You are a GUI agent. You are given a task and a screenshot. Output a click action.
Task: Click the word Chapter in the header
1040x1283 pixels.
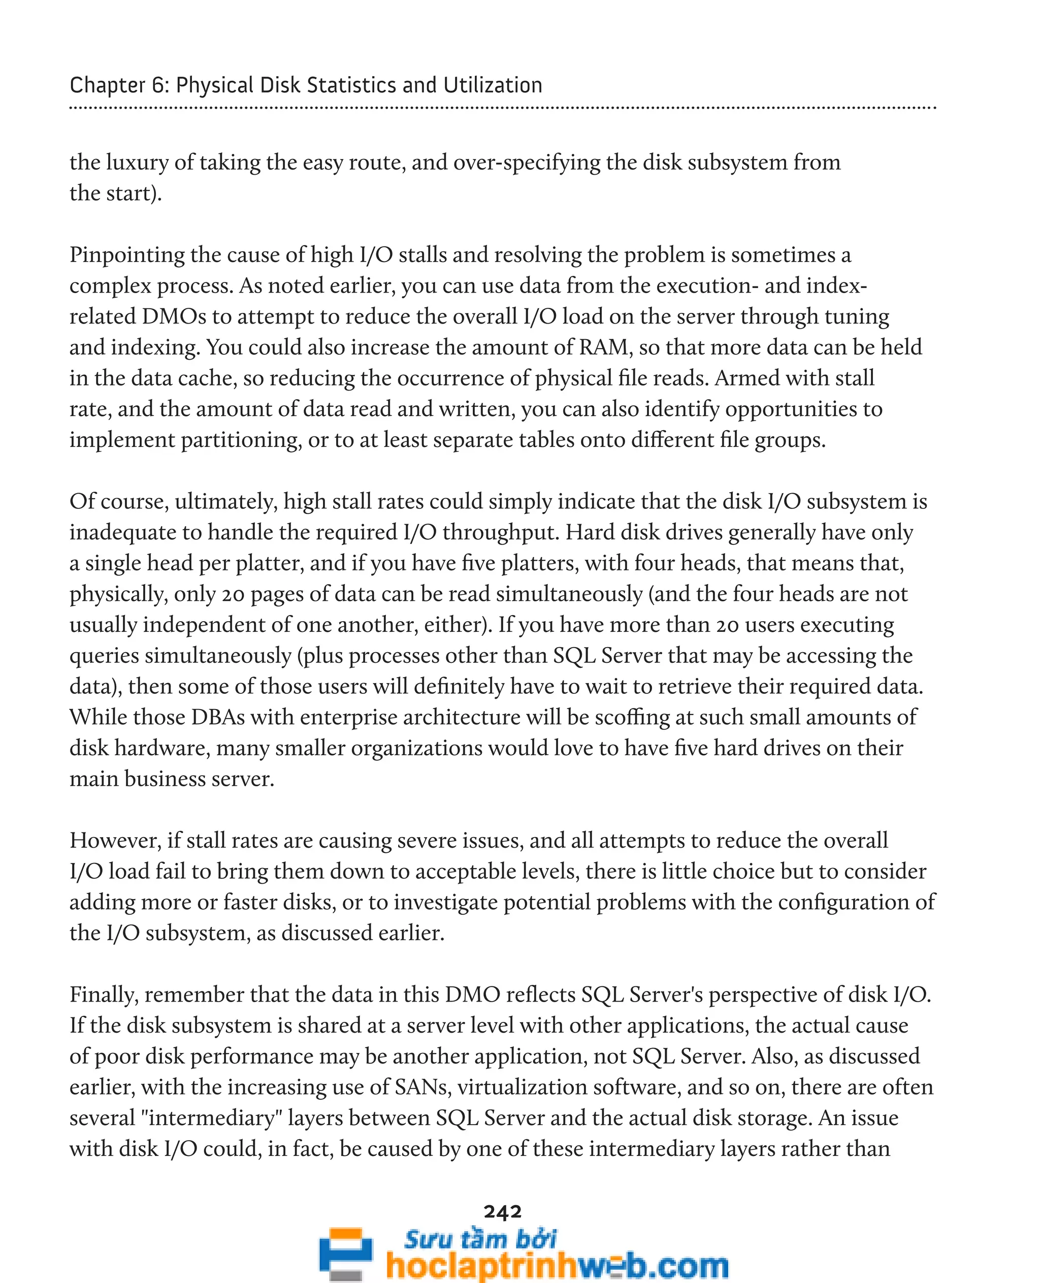pos(107,85)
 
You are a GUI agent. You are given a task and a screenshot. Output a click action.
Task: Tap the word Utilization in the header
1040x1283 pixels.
pos(493,85)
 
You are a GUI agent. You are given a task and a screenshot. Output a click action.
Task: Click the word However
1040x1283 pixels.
pos(115,841)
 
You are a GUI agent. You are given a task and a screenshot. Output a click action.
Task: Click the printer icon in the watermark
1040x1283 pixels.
pos(345,1253)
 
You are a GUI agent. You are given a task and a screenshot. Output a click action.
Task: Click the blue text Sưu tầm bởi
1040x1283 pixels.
pos(479,1239)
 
